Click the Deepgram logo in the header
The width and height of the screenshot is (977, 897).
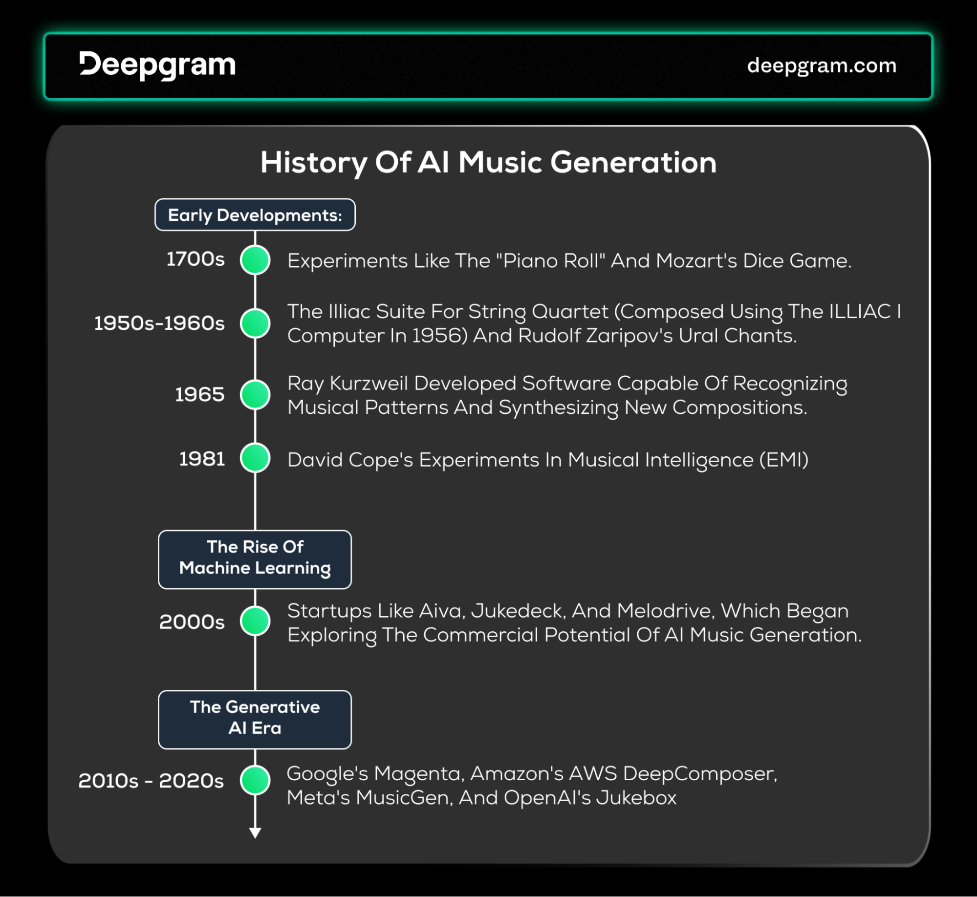[x=157, y=65]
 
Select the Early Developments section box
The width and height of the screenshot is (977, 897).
[x=255, y=214]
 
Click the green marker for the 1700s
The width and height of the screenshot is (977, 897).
[x=255, y=260]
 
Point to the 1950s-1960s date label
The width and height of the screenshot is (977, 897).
[x=159, y=323]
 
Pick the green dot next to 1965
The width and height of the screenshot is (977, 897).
[x=255, y=394]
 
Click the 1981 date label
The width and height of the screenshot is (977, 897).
[x=202, y=459]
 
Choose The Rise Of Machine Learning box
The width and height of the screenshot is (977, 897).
[x=255, y=559]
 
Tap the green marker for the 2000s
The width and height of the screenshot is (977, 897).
[x=255, y=621]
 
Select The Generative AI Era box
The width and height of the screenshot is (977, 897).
[x=255, y=720]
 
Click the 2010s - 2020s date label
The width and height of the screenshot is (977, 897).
[x=151, y=781]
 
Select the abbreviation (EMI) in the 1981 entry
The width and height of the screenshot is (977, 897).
[x=784, y=460]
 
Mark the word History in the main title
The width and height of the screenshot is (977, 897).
[x=314, y=163]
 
